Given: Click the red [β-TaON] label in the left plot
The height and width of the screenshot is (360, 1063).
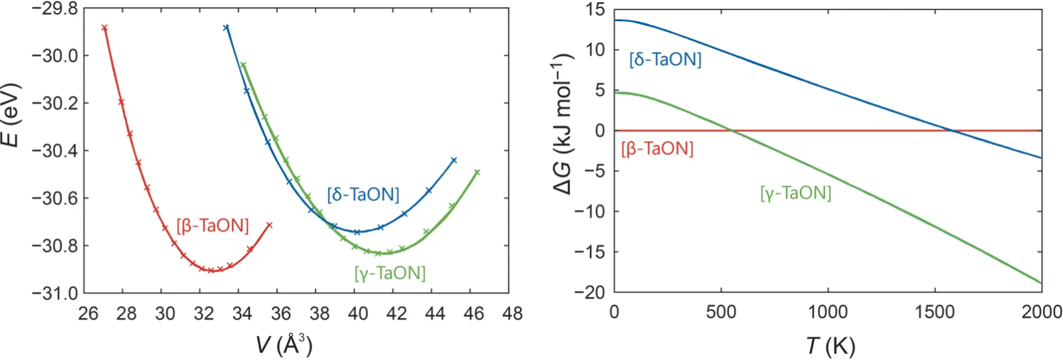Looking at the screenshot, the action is click(213, 226).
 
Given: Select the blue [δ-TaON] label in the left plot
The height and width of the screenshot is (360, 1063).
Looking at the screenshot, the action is click(363, 195).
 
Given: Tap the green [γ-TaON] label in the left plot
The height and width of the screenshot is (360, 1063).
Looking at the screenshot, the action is click(390, 273).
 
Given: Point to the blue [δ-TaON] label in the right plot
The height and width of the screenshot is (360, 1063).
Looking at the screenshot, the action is click(665, 59).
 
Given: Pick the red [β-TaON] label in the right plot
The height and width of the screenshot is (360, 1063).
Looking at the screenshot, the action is click(657, 149).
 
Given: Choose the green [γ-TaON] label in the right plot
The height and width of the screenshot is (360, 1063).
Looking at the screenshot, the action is click(796, 193).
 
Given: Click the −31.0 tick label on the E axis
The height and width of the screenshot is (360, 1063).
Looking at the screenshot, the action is click(54, 294).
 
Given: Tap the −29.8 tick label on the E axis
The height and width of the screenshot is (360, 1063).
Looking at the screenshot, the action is click(54, 9).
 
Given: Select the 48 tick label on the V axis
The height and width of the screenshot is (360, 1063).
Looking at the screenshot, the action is click(512, 314).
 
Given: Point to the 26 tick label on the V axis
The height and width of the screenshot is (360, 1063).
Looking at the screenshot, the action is click(88, 314).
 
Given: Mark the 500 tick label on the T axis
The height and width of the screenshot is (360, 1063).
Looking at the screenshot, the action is click(721, 312).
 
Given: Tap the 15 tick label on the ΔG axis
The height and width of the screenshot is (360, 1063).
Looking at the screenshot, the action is click(595, 9).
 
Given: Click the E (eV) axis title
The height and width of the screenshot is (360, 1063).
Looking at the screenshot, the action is click(11, 115).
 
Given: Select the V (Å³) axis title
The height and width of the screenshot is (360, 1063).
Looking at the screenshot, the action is click(284, 345).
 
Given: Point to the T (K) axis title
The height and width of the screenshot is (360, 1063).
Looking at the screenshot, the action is click(830, 346).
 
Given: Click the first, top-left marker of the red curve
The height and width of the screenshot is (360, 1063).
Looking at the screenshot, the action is click(104, 28).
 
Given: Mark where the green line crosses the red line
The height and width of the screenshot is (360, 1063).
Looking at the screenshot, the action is click(731, 130).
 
